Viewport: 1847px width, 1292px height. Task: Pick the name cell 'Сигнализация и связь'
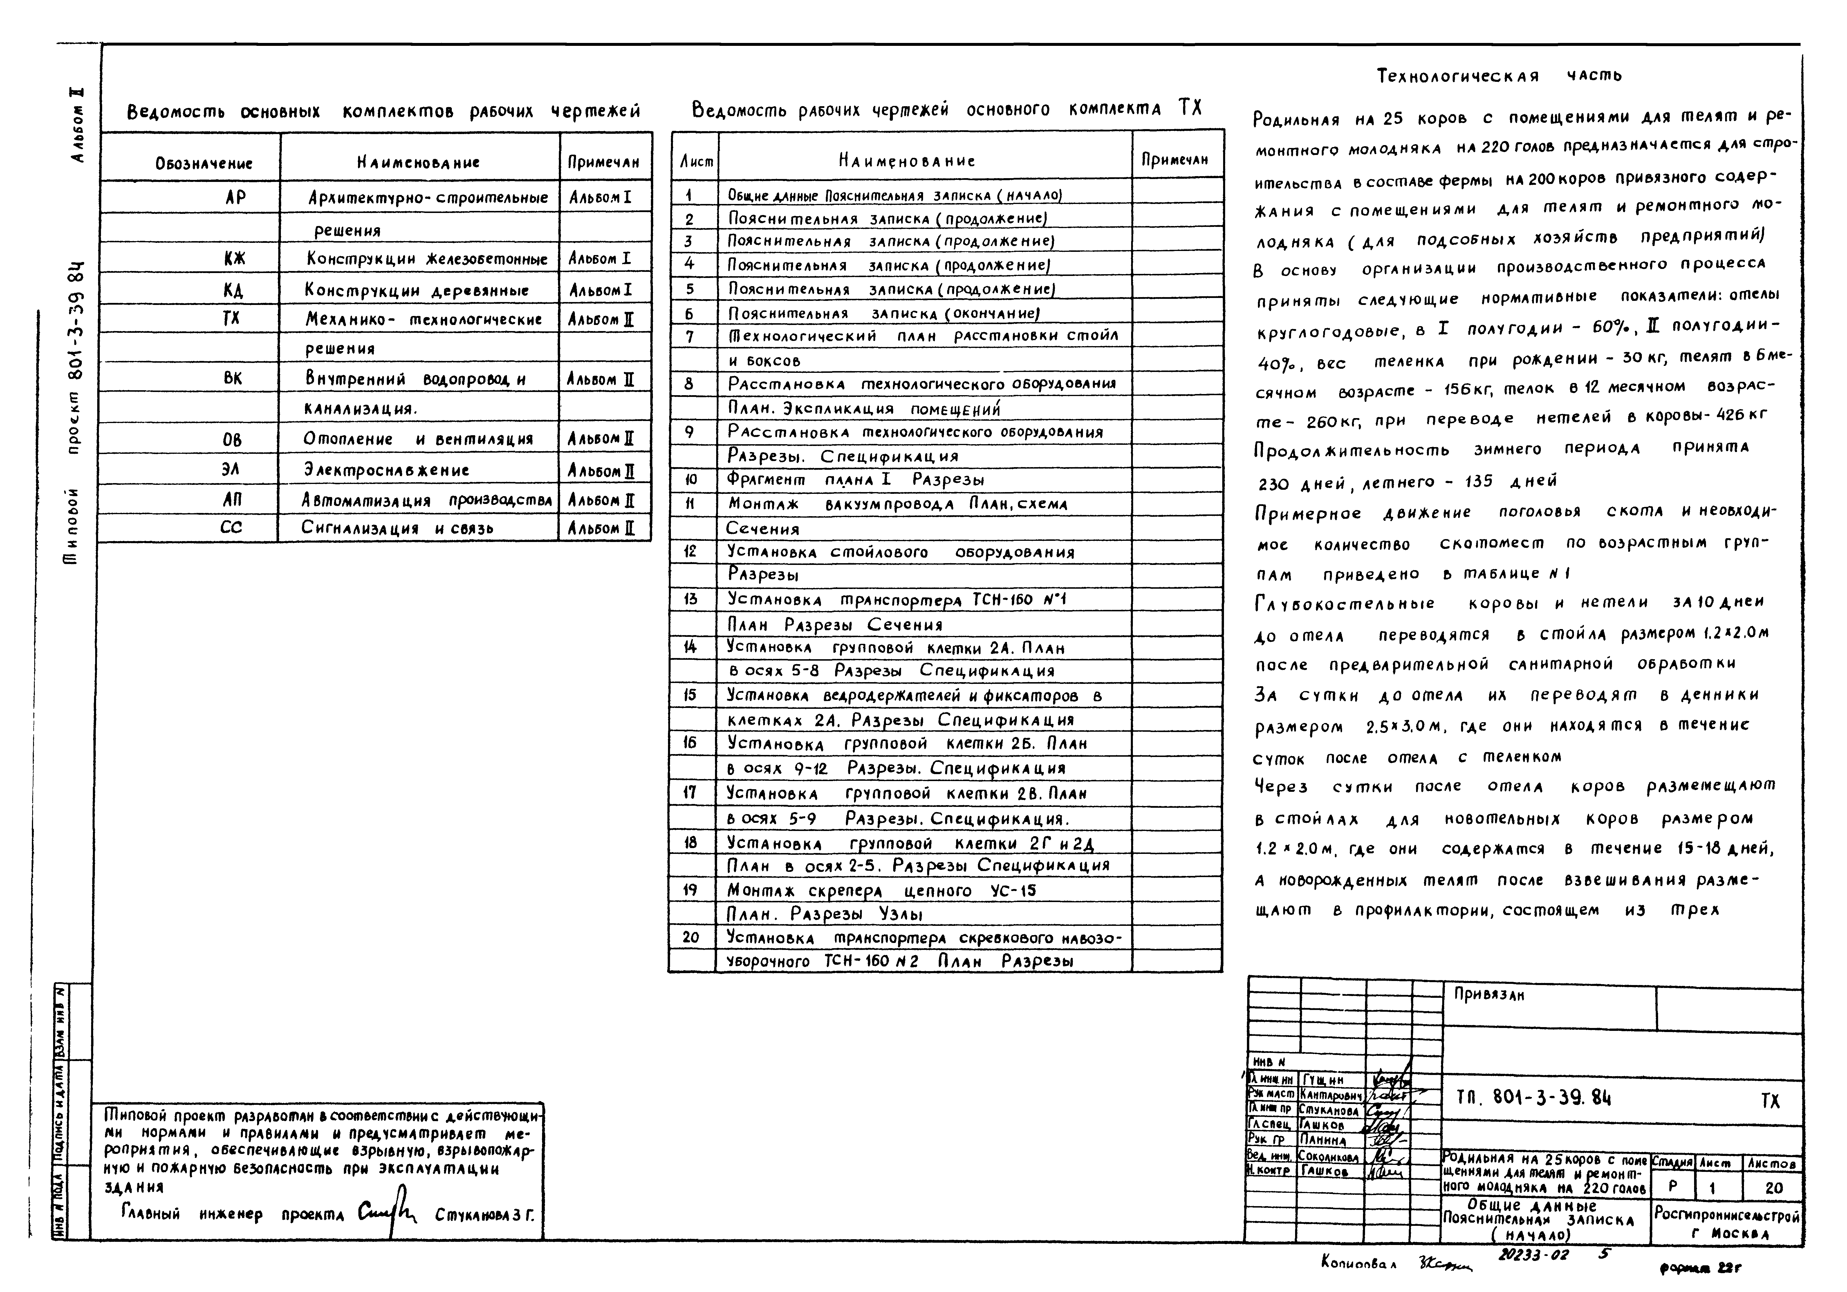[397, 529]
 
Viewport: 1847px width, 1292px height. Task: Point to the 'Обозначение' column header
[203, 163]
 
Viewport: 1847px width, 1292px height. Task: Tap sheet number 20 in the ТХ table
[690, 937]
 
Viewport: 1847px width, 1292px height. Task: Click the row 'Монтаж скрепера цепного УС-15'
[882, 890]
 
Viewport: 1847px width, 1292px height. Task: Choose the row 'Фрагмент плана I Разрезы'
[856, 480]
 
